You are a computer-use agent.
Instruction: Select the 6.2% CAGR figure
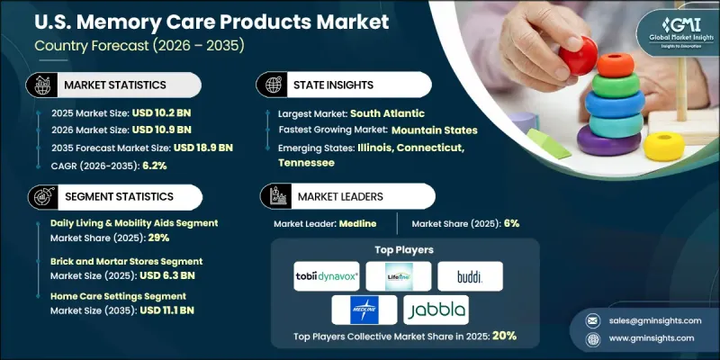(148, 166)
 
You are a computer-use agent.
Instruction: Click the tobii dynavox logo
(327, 275)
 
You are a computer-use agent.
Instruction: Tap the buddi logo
(470, 275)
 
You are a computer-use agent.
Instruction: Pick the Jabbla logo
(436, 310)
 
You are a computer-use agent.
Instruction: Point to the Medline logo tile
(364, 310)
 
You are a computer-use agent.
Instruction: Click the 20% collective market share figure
(504, 335)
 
